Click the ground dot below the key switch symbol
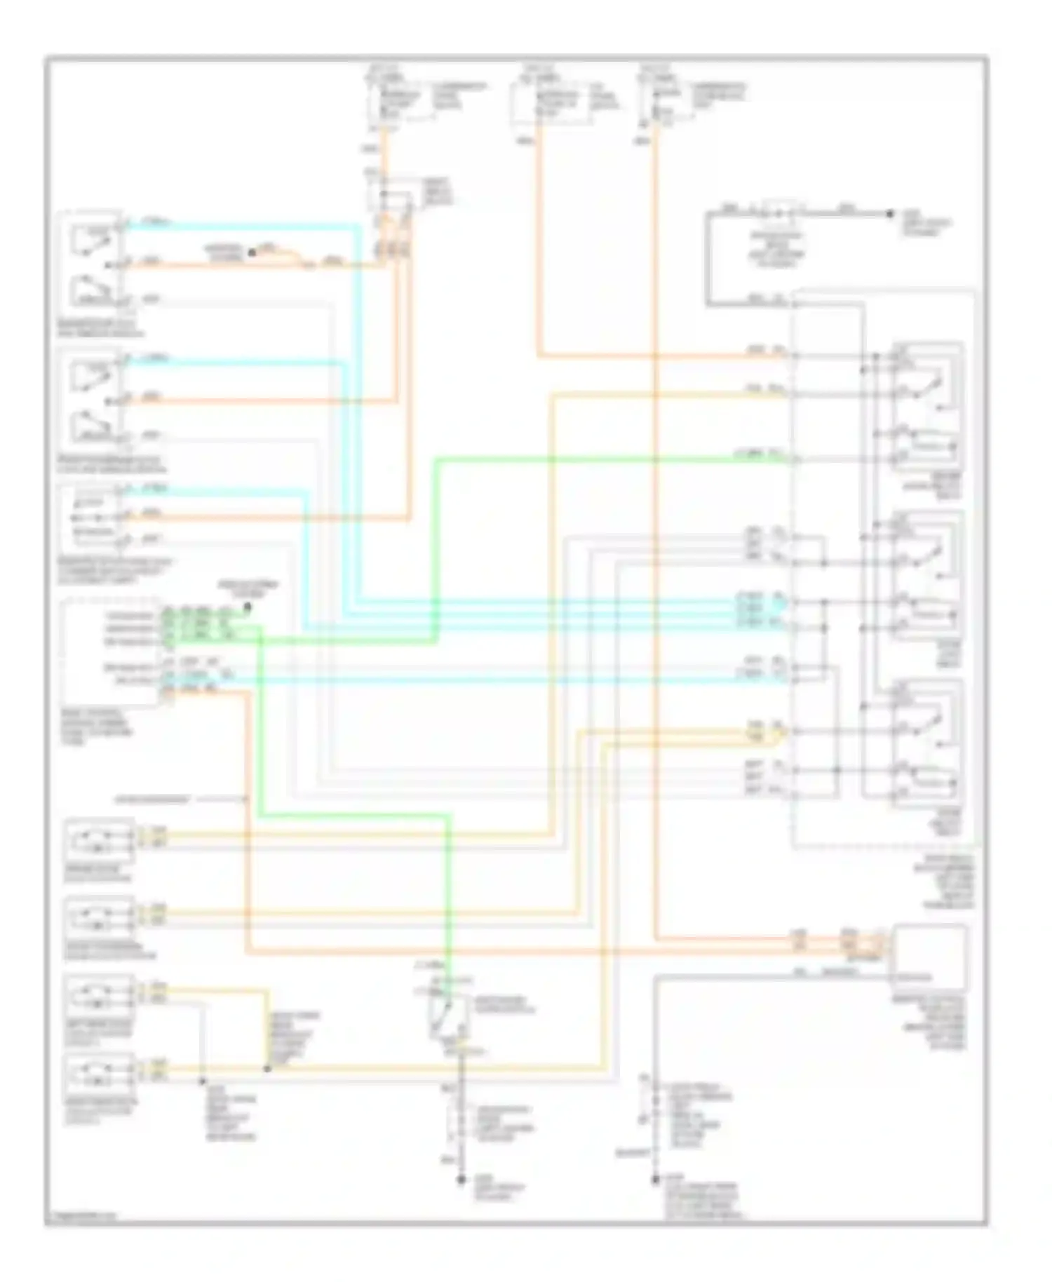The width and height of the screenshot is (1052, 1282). (461, 1181)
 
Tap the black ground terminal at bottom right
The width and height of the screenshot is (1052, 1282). (654, 1181)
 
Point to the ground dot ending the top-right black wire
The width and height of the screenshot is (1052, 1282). (889, 213)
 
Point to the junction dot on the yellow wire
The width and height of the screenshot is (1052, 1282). (267, 1070)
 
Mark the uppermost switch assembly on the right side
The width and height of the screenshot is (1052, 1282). (926, 407)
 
